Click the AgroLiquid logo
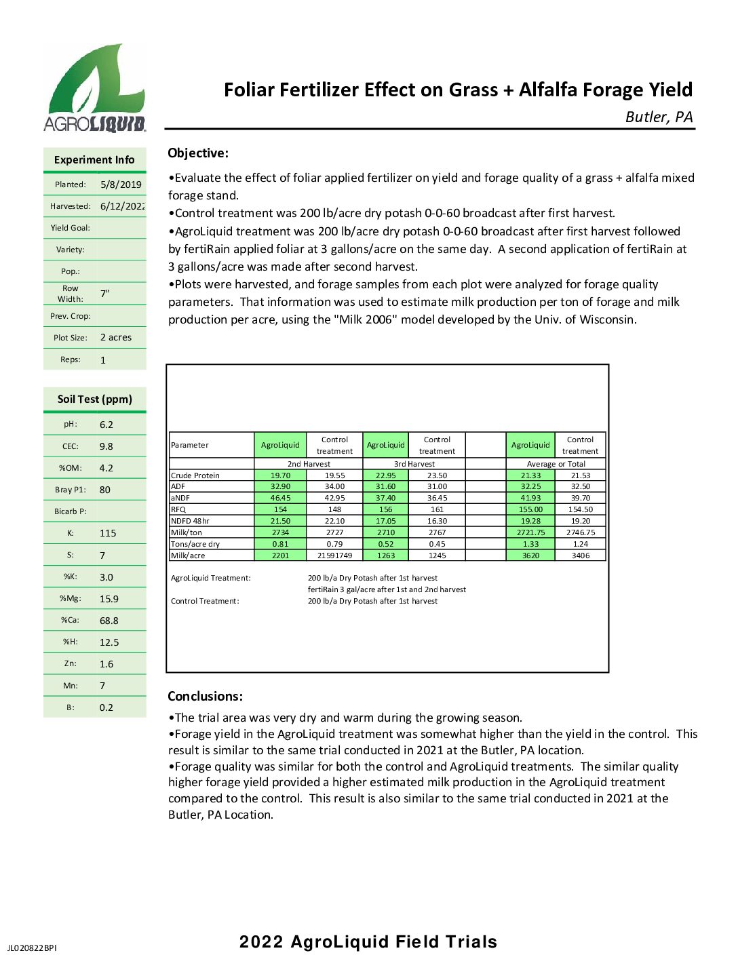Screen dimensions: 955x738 click(x=94, y=87)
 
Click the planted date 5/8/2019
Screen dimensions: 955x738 click(x=121, y=184)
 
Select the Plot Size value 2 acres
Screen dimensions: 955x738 click(x=116, y=338)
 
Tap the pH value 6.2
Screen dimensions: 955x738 click(x=106, y=425)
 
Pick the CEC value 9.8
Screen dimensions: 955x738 click(x=106, y=446)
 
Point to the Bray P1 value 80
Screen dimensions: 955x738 click(x=105, y=490)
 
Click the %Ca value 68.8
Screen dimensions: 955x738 click(x=109, y=621)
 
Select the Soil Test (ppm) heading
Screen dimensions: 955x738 click(x=95, y=399)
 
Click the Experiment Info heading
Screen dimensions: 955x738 click(x=94, y=160)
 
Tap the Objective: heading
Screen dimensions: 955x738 click(x=198, y=153)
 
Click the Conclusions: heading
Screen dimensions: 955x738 click(x=205, y=697)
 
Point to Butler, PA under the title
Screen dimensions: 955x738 click(x=659, y=117)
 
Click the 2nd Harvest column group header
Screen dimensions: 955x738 click(x=309, y=464)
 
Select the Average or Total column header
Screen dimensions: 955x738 click(x=556, y=464)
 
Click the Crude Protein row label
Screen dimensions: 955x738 click(x=195, y=475)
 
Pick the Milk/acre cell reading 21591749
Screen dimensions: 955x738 click(x=334, y=556)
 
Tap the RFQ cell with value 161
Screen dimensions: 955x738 click(x=437, y=509)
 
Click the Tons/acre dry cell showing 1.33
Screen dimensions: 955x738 click(x=530, y=544)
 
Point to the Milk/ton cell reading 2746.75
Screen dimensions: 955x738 click(x=580, y=532)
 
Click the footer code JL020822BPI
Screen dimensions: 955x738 click(x=33, y=948)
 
